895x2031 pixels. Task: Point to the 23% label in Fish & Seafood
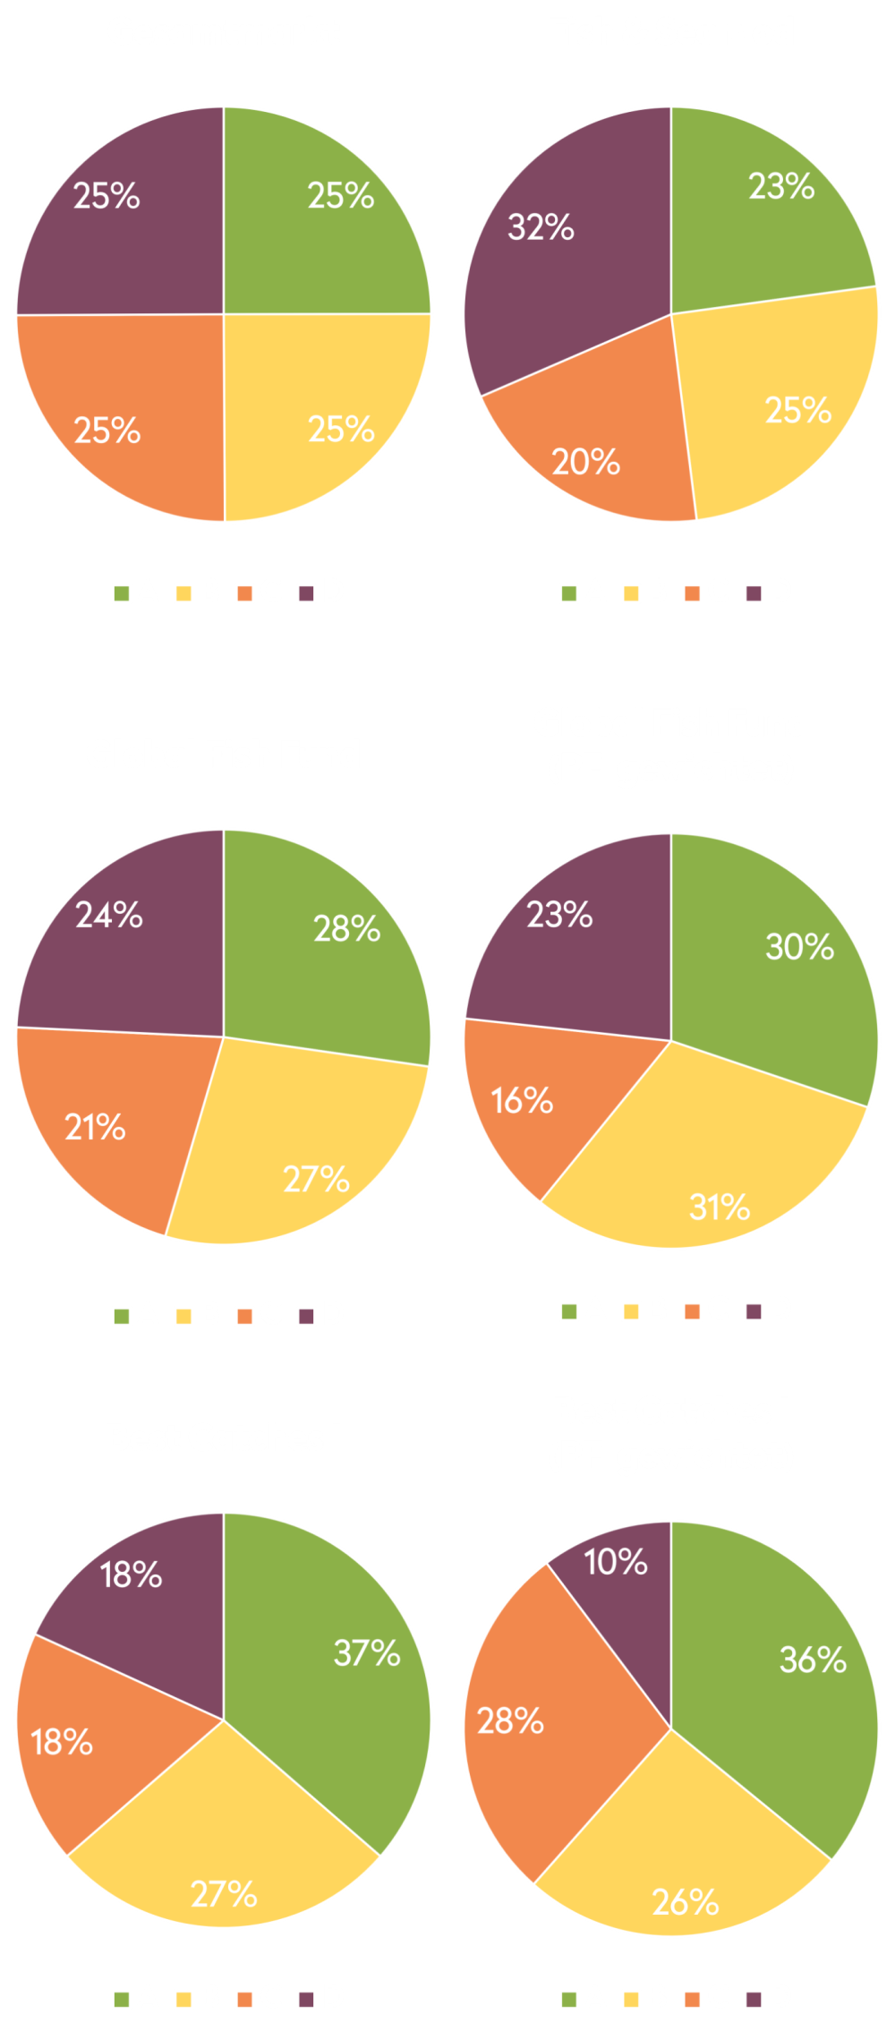(781, 187)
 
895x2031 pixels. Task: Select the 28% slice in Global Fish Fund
(331, 949)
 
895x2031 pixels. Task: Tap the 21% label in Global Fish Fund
(95, 1128)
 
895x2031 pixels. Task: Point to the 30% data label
(799, 947)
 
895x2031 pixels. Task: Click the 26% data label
(686, 1903)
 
